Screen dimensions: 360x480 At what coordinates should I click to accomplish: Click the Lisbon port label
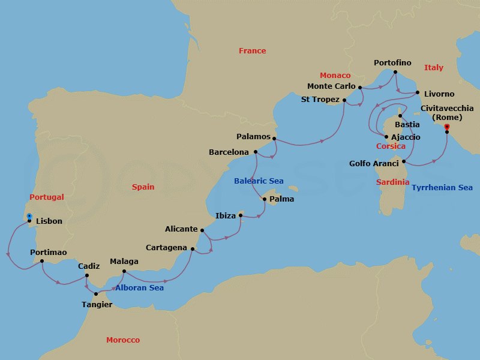(49, 221)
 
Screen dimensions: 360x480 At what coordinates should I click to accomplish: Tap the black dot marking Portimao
(41, 261)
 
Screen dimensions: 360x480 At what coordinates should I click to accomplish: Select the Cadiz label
(89, 266)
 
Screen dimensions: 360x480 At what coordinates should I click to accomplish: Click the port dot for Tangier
(96, 294)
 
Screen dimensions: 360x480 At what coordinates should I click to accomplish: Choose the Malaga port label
(124, 262)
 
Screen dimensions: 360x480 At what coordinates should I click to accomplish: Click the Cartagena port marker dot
(193, 248)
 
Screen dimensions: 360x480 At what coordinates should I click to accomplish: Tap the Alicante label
(181, 229)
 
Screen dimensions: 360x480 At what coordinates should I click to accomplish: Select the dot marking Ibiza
(241, 215)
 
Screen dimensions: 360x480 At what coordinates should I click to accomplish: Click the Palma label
(281, 199)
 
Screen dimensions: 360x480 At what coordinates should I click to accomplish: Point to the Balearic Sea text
(259, 181)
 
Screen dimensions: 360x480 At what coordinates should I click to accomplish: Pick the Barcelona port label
(229, 152)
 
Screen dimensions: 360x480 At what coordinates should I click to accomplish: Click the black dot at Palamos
(274, 139)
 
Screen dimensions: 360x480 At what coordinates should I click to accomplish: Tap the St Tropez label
(320, 100)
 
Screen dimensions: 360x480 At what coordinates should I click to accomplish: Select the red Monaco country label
(335, 76)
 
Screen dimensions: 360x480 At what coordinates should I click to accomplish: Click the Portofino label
(392, 63)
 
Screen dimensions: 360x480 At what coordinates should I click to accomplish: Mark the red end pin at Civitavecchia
(446, 127)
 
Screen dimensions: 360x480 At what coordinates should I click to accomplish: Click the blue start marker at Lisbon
(29, 215)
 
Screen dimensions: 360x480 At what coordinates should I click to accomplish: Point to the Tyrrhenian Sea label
(442, 188)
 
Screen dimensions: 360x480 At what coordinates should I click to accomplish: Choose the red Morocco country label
(123, 340)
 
